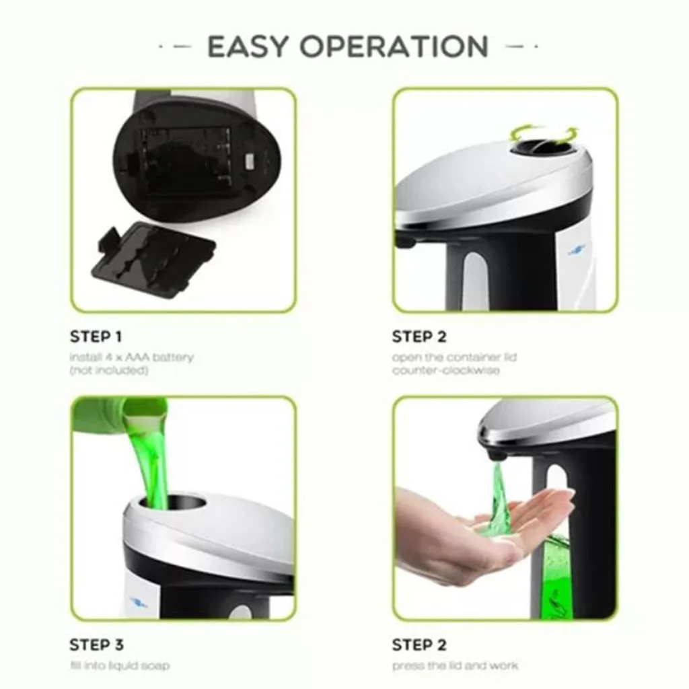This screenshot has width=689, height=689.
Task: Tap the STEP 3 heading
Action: coord(96,645)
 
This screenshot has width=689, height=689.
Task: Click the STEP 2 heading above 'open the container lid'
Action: coord(419,336)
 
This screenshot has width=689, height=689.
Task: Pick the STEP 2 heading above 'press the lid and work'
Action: coord(419,645)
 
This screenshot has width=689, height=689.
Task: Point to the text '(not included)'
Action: coord(108,371)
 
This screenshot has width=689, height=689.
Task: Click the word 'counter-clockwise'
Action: coord(445,371)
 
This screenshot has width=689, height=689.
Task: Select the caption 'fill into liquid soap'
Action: coord(119,665)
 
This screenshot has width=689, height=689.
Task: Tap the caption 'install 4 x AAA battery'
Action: coord(131,357)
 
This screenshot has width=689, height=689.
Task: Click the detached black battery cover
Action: coord(153,258)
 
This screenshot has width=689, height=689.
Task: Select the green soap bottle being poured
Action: coord(118,414)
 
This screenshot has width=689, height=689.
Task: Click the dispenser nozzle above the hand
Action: coord(497,456)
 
